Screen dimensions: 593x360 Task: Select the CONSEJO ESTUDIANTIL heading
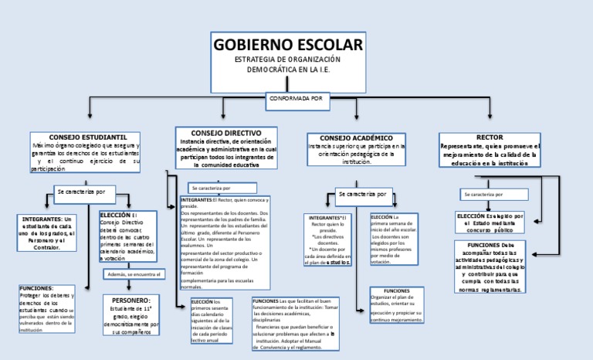[x=83, y=137]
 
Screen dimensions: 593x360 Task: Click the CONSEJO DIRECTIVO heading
[x=225, y=133]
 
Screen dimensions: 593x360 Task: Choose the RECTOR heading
[x=490, y=138]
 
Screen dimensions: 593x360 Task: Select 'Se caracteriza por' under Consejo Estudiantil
[x=85, y=190]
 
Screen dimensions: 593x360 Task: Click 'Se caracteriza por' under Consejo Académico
[x=362, y=193]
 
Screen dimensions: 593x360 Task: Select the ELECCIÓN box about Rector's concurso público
[x=490, y=222]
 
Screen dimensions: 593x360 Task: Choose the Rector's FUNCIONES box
[x=490, y=267]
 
